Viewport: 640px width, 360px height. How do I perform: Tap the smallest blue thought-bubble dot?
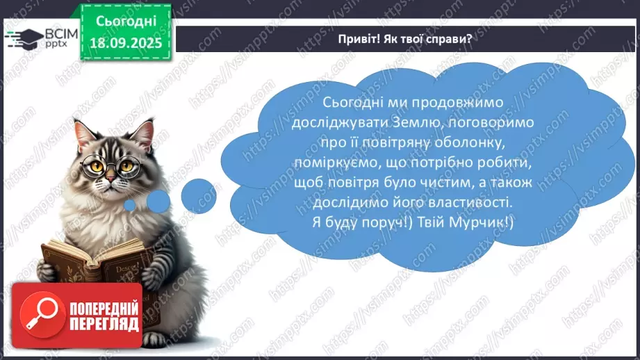[x=130, y=205]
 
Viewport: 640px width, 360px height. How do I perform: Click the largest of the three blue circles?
[x=198, y=194]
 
